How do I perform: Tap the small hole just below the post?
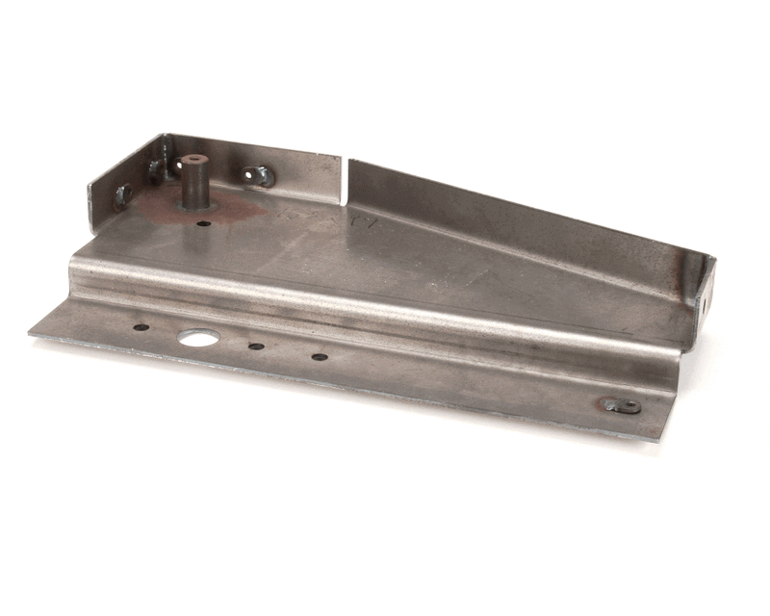pos(203,223)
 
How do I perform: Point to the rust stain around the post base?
pos(231,213)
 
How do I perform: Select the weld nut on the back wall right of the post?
pos(259,176)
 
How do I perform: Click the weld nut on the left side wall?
pos(123,194)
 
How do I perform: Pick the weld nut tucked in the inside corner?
pos(155,171)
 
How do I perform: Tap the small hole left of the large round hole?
pos(141,327)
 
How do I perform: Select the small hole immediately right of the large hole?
pos(256,346)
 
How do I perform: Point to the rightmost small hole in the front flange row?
pos(320,357)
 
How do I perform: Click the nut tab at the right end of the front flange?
pos(621,405)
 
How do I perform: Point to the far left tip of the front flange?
pos(31,333)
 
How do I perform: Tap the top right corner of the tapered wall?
pos(713,258)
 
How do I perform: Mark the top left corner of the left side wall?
pos(90,182)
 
